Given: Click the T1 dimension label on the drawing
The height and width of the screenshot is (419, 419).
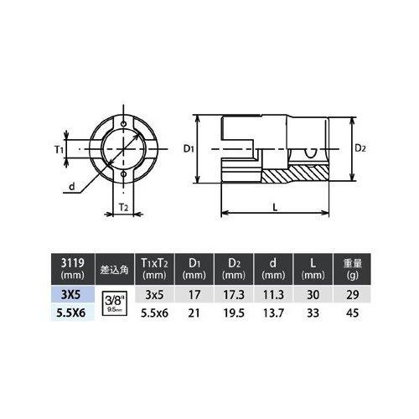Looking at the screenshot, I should [x=59, y=149].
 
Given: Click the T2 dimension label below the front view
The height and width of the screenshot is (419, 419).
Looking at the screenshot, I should [x=122, y=204].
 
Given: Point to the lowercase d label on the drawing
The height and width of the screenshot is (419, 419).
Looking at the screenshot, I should [x=73, y=186].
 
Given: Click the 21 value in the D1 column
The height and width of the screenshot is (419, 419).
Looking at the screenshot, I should [x=195, y=313].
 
